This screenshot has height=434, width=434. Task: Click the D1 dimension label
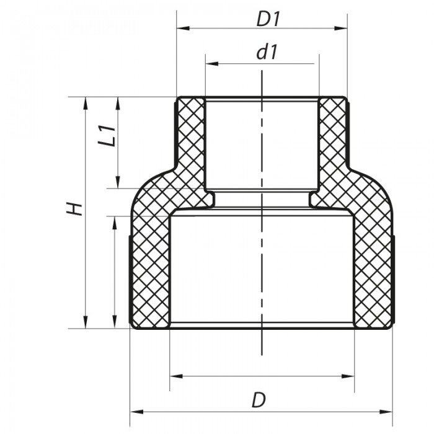[268, 19]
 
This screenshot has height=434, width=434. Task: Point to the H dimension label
[75, 208]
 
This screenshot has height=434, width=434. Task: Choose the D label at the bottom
[259, 400]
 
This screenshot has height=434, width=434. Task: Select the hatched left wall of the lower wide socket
[149, 267]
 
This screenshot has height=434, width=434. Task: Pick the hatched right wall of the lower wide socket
[373, 267]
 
